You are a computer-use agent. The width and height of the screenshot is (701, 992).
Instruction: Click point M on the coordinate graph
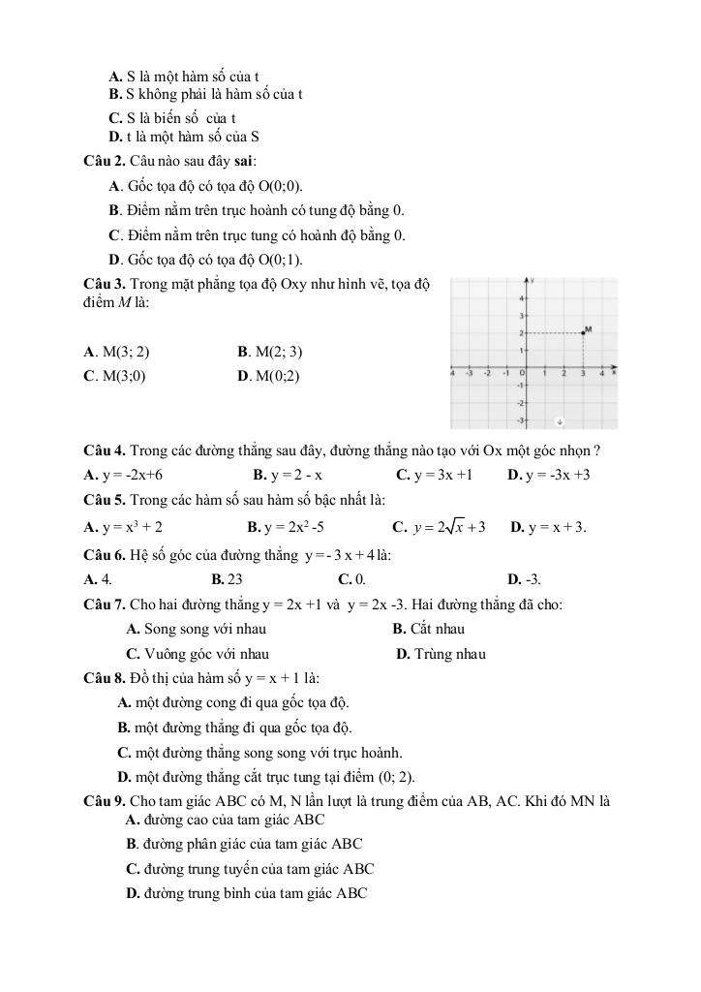583,332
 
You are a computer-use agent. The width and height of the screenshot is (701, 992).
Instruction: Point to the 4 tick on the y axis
522,297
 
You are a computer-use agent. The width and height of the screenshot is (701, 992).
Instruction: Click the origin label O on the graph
523,373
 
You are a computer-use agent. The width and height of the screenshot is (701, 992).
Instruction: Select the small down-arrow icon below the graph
561,421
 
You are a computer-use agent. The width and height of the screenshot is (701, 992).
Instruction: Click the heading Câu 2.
105,161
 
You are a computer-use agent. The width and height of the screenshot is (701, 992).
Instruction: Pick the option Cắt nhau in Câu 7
437,629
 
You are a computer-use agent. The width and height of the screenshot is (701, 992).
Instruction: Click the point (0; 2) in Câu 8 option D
396,776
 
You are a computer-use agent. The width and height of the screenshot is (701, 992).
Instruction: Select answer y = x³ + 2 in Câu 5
132,527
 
